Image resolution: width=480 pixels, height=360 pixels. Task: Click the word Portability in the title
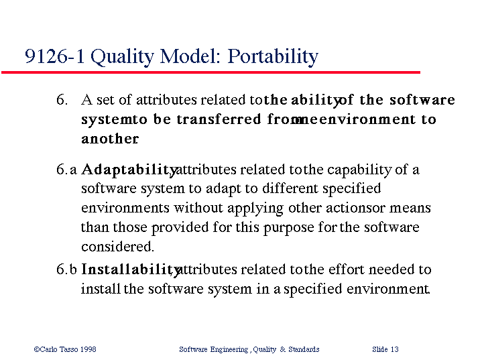click(x=273, y=57)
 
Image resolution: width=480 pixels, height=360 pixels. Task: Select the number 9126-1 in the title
click(x=54, y=56)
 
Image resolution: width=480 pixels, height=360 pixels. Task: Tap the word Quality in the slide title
click(x=123, y=57)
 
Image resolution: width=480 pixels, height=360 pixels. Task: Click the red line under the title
click(x=211, y=72)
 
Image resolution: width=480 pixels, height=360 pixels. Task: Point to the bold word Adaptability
click(x=129, y=170)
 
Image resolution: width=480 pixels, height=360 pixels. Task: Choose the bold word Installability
click(x=130, y=270)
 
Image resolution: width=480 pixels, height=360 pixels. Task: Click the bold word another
click(x=110, y=139)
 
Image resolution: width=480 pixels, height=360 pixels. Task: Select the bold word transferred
click(x=219, y=119)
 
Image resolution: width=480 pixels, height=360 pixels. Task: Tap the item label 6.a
click(x=66, y=170)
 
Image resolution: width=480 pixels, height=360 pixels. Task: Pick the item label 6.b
click(x=66, y=269)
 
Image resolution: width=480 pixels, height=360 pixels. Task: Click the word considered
click(x=117, y=247)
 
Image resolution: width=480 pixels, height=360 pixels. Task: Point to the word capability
click(x=359, y=170)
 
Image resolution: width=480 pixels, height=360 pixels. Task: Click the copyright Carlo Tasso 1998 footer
click(x=65, y=349)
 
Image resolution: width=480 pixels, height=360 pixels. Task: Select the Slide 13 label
click(x=385, y=349)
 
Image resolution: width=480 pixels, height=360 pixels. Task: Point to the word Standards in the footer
click(x=304, y=349)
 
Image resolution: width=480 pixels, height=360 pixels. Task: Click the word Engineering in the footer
click(x=229, y=349)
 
